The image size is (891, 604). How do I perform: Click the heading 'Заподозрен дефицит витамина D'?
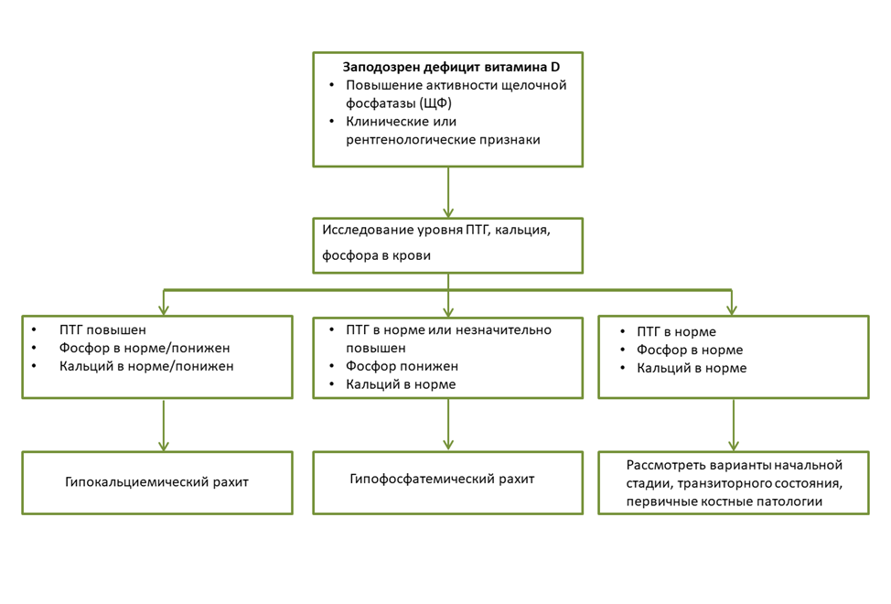coord(451,67)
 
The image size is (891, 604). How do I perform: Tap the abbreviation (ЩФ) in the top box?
coord(435,103)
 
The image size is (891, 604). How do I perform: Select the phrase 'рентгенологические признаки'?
coord(443,140)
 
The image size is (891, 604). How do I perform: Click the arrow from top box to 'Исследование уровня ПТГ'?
coord(448,192)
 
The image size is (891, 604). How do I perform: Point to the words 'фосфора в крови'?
coord(376,255)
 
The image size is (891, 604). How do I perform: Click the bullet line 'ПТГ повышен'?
coord(102,330)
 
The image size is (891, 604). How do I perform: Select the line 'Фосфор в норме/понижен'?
coord(145,349)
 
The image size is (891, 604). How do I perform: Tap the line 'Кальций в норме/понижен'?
coord(146,366)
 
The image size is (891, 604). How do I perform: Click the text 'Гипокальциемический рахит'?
coord(156,482)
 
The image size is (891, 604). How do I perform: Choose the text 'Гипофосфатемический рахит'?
coord(442,479)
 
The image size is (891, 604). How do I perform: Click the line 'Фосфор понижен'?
coord(402,366)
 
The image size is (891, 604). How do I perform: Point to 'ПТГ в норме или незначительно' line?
coord(448,330)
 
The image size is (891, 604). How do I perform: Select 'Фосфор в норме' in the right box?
coord(689,350)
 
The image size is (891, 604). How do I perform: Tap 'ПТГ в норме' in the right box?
coord(676,332)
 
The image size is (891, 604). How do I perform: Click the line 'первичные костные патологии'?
coord(725,502)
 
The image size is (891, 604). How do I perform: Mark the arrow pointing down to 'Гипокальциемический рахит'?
coord(164,426)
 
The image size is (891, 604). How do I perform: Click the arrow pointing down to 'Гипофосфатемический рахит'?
coord(448,425)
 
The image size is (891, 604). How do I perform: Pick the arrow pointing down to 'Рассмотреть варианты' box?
coord(734,426)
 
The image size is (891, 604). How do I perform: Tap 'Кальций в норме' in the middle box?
coord(401,384)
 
